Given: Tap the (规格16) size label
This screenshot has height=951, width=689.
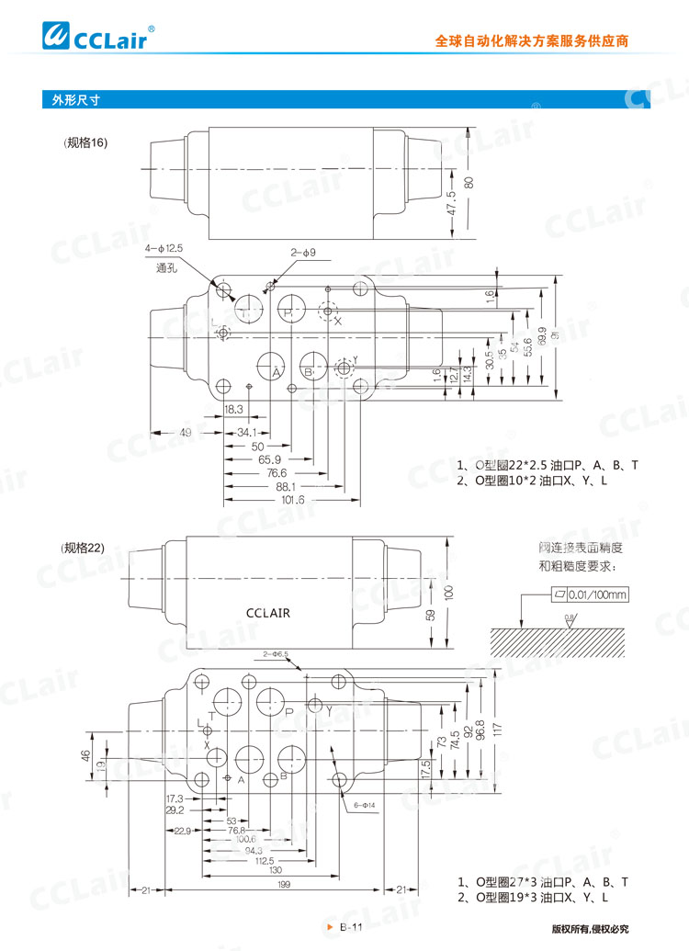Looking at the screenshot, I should point(85,142).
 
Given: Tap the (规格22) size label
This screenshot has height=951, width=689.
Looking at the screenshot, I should point(85,548).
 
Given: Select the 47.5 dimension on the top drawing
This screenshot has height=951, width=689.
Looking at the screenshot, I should point(450,203).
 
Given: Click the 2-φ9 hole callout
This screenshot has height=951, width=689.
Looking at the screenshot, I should point(303,251).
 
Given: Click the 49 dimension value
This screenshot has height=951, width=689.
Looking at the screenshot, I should point(185,433).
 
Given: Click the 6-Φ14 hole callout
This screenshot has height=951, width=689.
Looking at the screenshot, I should point(366,807).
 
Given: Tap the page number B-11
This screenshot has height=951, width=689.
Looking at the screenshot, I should point(352,927).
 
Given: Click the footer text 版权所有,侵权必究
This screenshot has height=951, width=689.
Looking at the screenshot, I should point(590,929).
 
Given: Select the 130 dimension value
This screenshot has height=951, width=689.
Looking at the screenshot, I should point(276,869).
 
